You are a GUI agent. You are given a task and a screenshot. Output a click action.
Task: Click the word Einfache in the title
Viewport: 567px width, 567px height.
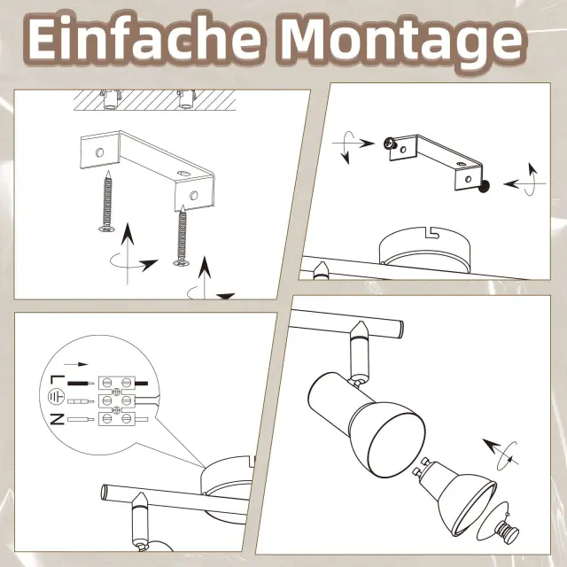tap(144, 38)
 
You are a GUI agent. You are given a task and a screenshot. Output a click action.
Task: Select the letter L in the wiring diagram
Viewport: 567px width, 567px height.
tap(57, 381)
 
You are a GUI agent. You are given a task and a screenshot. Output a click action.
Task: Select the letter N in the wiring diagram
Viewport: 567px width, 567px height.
tap(57, 419)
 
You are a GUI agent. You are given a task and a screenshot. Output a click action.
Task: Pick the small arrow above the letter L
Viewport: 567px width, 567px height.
tap(76, 364)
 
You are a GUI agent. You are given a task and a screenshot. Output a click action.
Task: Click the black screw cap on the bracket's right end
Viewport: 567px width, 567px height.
tap(484, 187)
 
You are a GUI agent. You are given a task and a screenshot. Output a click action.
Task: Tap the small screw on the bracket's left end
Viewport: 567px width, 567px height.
tap(390, 144)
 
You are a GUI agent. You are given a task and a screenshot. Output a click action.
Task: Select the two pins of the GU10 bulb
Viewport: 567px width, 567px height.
tap(420, 466)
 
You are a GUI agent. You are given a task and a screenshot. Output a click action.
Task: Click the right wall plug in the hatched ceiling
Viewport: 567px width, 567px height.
tap(186, 99)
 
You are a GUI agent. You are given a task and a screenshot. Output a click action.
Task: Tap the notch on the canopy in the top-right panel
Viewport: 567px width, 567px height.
tap(431, 232)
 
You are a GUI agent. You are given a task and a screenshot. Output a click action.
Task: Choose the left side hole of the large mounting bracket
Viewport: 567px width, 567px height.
tap(99, 152)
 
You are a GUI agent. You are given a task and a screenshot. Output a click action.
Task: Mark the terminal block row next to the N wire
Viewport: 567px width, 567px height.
tap(116, 419)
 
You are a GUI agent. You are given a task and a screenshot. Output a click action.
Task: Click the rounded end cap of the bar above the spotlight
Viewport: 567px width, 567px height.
tap(400, 327)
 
